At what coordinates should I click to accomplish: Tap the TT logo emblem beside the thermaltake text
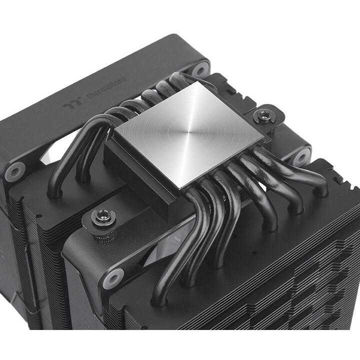click(69, 106)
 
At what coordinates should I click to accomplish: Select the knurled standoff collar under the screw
click(104, 233)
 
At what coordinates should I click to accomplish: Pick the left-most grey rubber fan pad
click(15, 172)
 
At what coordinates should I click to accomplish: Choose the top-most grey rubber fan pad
click(200, 69)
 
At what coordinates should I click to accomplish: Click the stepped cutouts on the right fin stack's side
click(320, 280)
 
